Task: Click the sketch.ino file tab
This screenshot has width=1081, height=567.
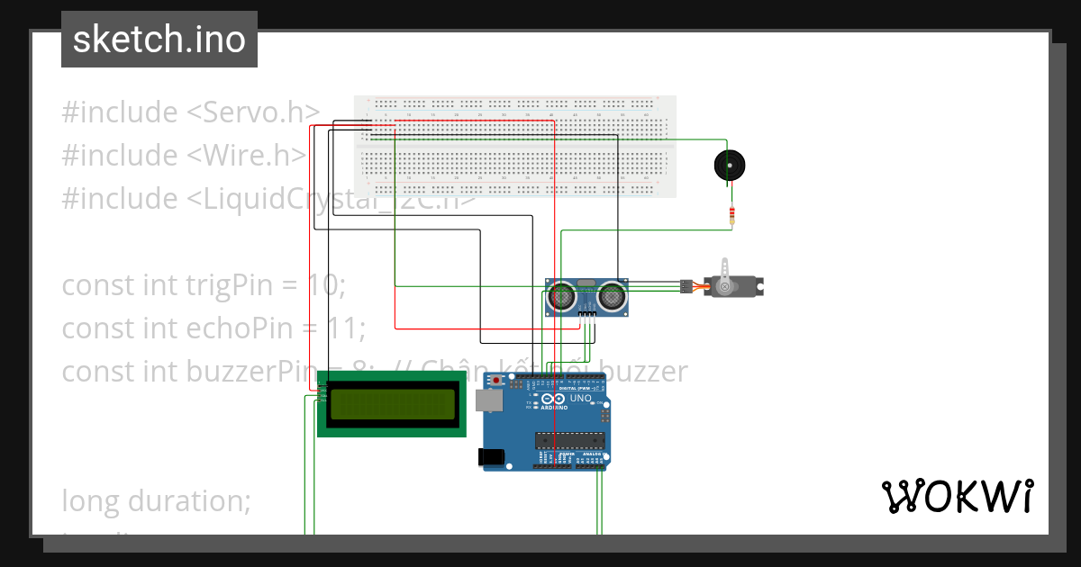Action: tap(159, 40)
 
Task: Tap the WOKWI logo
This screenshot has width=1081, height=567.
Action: tap(957, 496)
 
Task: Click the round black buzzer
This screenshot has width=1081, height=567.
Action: tap(730, 166)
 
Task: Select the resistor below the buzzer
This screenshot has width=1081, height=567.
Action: tap(732, 215)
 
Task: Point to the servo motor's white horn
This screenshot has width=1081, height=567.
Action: tap(726, 269)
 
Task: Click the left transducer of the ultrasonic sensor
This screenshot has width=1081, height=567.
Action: tap(563, 294)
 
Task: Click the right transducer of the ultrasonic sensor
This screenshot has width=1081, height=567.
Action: tap(613, 294)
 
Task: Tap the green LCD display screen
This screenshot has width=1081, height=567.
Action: tap(392, 407)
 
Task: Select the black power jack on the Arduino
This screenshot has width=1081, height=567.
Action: tap(492, 456)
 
